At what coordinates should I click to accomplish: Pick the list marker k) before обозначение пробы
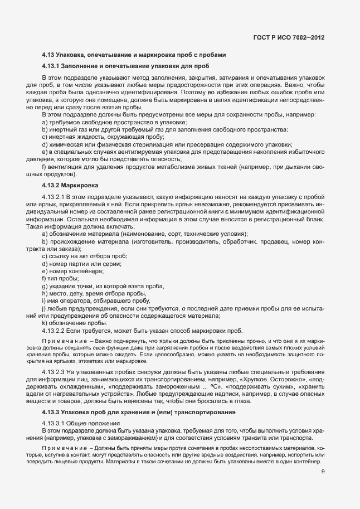click(44, 322)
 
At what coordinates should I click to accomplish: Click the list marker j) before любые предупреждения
click(44, 308)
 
